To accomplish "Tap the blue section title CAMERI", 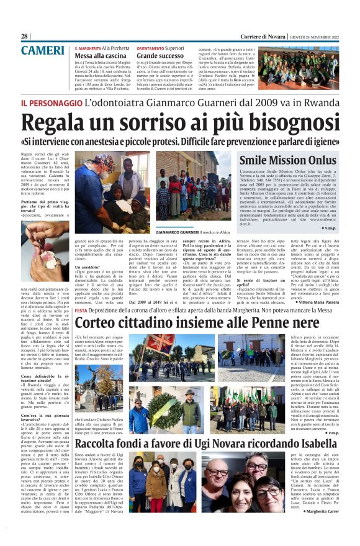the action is click(43, 50).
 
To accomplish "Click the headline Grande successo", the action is click(159, 56).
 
